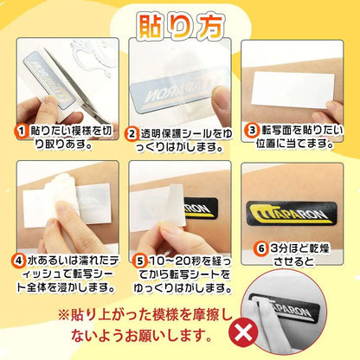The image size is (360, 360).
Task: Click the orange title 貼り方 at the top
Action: point(181,26)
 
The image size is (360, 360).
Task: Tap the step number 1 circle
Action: point(22,132)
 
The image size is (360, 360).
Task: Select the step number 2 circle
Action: point(132,134)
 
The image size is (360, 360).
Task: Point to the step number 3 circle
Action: point(252,130)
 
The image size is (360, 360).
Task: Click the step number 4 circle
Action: point(18,261)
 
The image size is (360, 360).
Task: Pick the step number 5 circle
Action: point(140,261)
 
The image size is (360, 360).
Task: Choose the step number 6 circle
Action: point(261,248)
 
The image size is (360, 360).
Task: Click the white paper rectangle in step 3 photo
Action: point(292,90)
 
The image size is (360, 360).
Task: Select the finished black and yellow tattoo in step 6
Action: point(292,214)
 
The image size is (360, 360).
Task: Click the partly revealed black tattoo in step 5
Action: point(201,209)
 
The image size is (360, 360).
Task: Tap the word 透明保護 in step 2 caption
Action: point(158,134)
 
